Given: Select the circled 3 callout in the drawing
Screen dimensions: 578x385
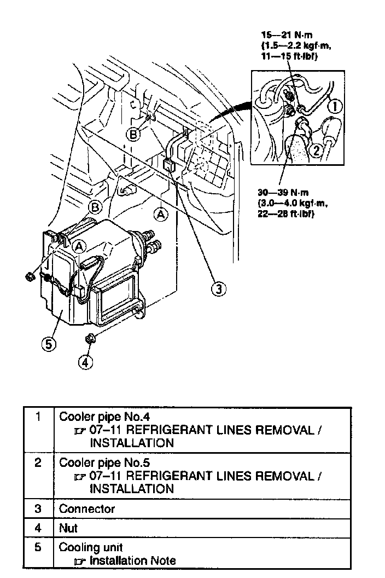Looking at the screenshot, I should pyautogui.click(x=219, y=289).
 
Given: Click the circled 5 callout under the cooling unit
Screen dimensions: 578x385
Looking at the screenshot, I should pyautogui.click(x=48, y=344).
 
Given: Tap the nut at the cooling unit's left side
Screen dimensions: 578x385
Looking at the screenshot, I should pyautogui.click(x=30, y=276).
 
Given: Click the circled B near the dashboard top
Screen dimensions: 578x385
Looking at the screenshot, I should pyautogui.click(x=133, y=133).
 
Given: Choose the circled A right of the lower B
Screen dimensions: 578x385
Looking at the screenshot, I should pyautogui.click(x=161, y=215).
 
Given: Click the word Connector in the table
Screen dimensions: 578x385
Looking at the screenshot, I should pyautogui.click(x=87, y=508).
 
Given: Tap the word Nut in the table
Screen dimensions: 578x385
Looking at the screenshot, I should pyautogui.click(x=68, y=528).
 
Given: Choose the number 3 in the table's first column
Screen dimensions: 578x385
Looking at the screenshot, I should pyautogui.click(x=38, y=508).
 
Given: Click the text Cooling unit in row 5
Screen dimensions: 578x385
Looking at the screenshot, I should pyautogui.click(x=91, y=547).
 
